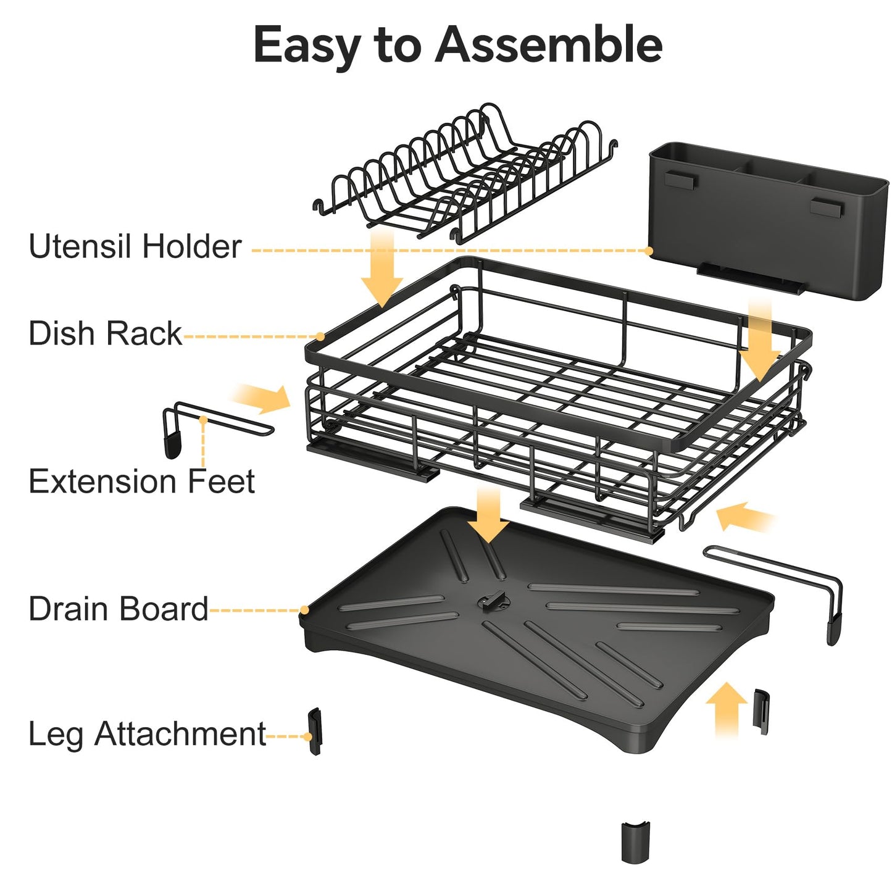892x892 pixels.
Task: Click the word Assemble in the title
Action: [x=549, y=44]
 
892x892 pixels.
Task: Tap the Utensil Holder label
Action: [x=135, y=246]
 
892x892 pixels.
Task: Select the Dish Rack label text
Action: [x=105, y=333]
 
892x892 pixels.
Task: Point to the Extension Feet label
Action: [x=141, y=481]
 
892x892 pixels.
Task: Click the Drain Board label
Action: [x=118, y=609]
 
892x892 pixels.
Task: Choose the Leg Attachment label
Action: [x=147, y=734]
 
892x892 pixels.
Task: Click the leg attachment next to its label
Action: [x=315, y=731]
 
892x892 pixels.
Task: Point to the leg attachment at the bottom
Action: [x=635, y=842]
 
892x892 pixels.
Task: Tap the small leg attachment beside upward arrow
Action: [x=761, y=711]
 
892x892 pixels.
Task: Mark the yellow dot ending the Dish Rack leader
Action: [x=320, y=336]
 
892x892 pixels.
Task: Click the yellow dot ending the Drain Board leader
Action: [x=304, y=611]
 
